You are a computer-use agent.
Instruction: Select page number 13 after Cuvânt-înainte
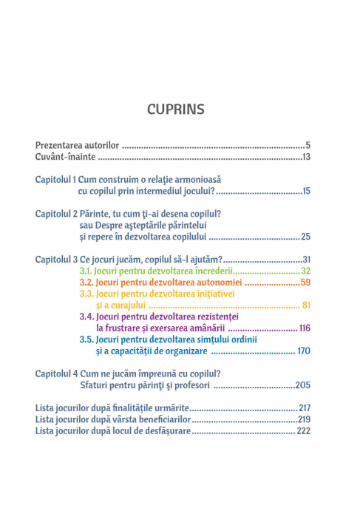pyautogui.click(x=305, y=157)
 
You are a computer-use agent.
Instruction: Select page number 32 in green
pyautogui.click(x=305, y=271)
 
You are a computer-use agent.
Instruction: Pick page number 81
pyautogui.click(x=305, y=305)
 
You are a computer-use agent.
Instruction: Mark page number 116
pyautogui.click(x=304, y=328)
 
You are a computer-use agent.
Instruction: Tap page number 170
pyautogui.click(x=303, y=351)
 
